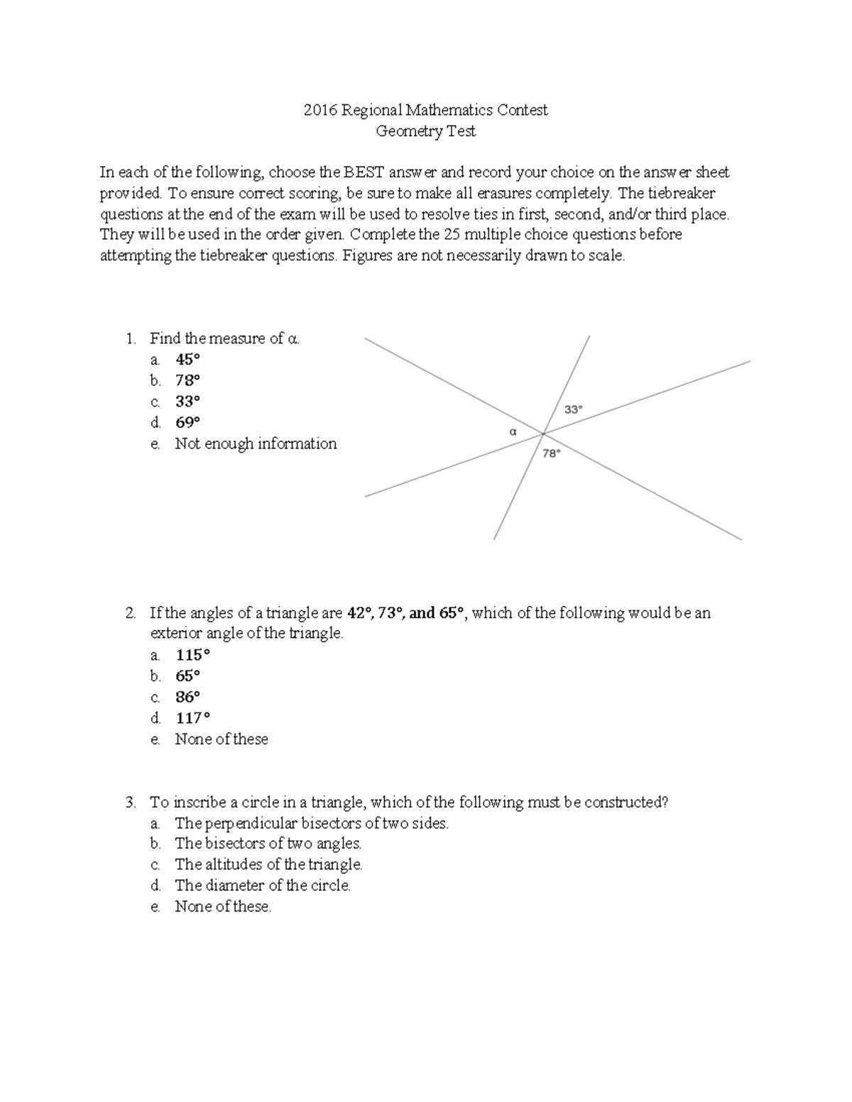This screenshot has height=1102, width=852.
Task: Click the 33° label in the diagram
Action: pyautogui.click(x=573, y=409)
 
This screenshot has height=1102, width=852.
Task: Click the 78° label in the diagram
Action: pyautogui.click(x=552, y=453)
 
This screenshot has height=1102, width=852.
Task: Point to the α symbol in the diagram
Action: pyautogui.click(x=513, y=431)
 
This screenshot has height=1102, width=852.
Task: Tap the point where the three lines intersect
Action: pyautogui.click(x=544, y=433)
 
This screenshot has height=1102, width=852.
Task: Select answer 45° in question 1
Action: pyautogui.click(x=187, y=360)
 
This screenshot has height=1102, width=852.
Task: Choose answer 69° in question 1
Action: pyautogui.click(x=187, y=423)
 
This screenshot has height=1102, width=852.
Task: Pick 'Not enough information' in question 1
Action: pyautogui.click(x=256, y=444)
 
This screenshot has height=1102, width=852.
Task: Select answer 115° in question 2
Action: pyautogui.click(x=192, y=655)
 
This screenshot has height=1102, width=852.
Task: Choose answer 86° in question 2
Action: pyautogui.click(x=187, y=697)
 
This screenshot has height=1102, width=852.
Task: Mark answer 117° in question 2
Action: pyautogui.click(x=192, y=718)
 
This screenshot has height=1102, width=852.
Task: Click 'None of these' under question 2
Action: pyautogui.click(x=222, y=739)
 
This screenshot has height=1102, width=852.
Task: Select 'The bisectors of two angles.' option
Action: pyautogui.click(x=268, y=844)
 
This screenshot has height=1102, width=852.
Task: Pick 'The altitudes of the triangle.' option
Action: pyautogui.click(x=268, y=865)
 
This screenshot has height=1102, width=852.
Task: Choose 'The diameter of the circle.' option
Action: pyautogui.click(x=263, y=886)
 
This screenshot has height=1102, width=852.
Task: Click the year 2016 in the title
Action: pyautogui.click(x=320, y=111)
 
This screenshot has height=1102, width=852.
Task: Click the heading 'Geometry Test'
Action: pyautogui.click(x=425, y=131)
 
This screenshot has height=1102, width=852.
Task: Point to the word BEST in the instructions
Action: pyautogui.click(x=364, y=172)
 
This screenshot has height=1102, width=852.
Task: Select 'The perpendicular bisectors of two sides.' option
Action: pyautogui.click(x=312, y=823)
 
